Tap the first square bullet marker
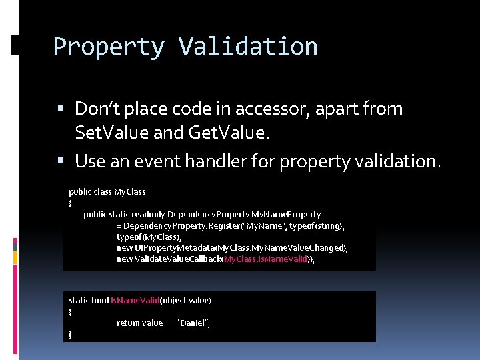tap(61, 109)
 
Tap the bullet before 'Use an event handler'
tap(61, 161)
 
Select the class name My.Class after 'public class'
tap(130, 192)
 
